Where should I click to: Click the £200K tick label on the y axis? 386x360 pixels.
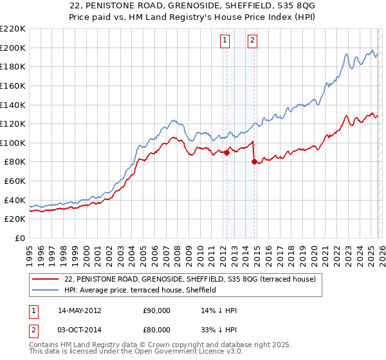[13, 48]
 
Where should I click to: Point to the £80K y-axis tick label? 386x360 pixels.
[15, 162]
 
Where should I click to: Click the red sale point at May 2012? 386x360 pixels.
[226, 152]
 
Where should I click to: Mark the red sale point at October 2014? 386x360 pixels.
[254, 162]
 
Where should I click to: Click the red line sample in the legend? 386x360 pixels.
[46, 280]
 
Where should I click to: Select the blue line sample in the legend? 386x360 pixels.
[46, 291]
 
